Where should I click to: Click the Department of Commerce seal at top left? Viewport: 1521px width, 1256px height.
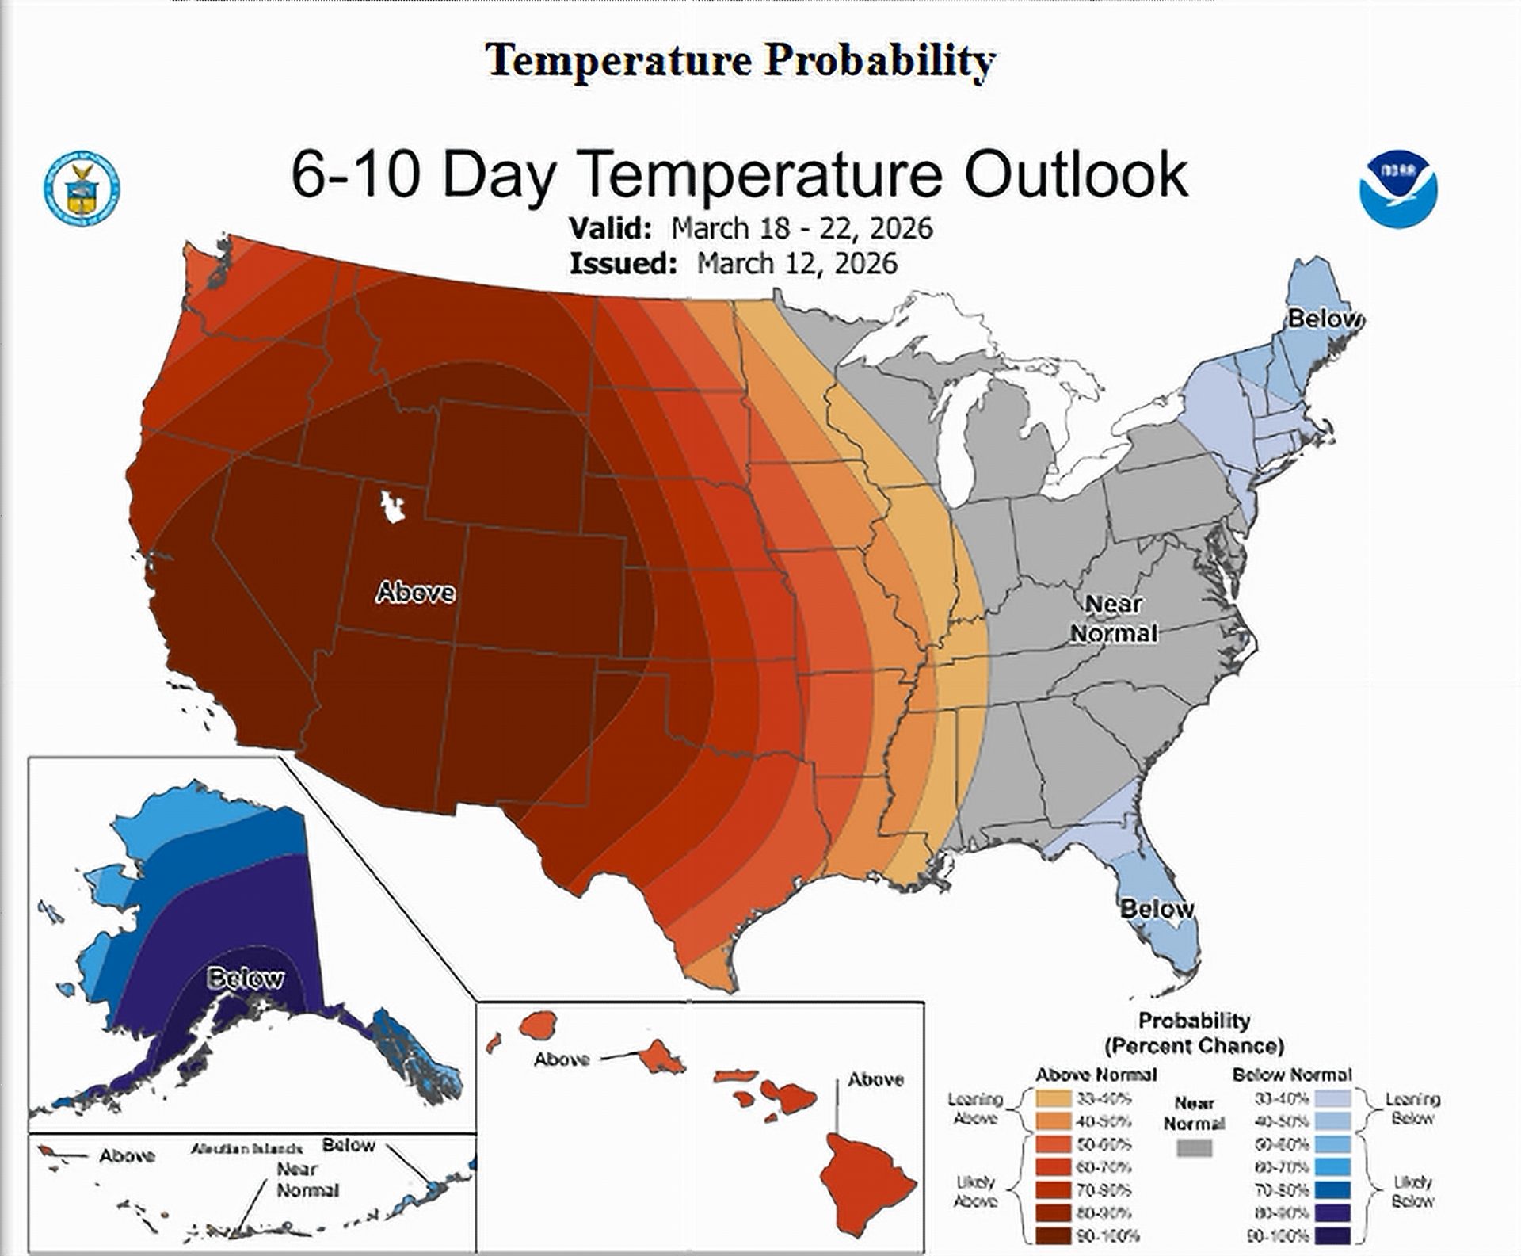[x=81, y=188]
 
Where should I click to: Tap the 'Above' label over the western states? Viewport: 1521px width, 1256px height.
[x=415, y=592]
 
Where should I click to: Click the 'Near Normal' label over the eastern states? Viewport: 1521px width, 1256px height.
[x=1114, y=619]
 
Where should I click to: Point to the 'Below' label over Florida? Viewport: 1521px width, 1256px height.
[x=1157, y=909]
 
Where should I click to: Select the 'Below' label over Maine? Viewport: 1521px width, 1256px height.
[x=1325, y=319]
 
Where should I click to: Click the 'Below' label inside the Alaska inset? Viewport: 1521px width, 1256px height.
[x=245, y=979]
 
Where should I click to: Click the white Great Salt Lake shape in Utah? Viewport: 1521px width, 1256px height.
[x=391, y=506]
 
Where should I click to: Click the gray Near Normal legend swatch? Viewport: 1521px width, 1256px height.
[x=1194, y=1148]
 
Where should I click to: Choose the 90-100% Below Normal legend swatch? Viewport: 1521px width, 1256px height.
[x=1332, y=1235]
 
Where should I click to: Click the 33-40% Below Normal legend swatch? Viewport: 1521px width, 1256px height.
[x=1332, y=1099]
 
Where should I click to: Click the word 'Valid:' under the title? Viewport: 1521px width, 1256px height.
[x=610, y=228]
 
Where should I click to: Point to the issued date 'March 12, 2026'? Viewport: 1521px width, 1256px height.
[x=797, y=263]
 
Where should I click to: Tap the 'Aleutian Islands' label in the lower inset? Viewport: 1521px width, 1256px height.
[x=246, y=1148]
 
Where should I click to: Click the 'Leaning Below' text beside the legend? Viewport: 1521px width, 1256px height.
[x=1412, y=1109]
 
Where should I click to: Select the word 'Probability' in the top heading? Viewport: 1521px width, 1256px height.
[x=879, y=60]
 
